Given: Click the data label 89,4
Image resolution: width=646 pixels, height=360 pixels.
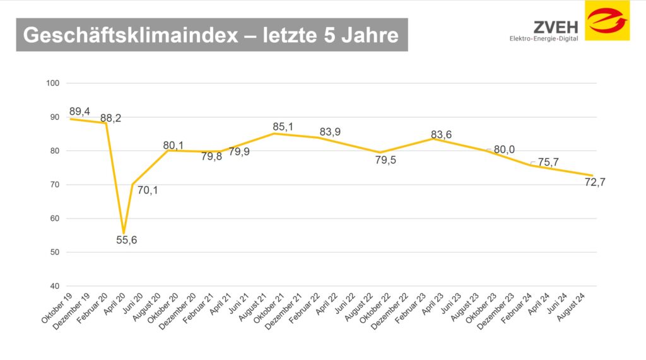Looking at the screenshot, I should tap(79, 112).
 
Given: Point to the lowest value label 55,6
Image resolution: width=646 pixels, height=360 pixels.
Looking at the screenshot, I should tap(127, 240).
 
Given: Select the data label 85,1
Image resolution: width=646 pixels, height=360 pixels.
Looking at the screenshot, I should tap(283, 127).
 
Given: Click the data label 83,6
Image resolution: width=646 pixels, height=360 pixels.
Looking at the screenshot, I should tap(441, 134).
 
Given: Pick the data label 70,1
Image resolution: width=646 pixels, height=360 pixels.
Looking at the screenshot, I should tap(148, 190).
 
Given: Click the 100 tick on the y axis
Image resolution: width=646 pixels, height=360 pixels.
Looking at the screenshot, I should tap(52, 83).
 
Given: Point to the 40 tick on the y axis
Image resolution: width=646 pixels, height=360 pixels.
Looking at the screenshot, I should tap(54, 286).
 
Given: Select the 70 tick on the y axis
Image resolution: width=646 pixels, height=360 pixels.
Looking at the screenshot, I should tap(54, 185).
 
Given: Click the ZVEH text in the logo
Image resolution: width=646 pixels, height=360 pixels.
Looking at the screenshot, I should tap(555, 26).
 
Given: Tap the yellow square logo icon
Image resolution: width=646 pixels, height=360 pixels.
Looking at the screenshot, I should tap(607, 21).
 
